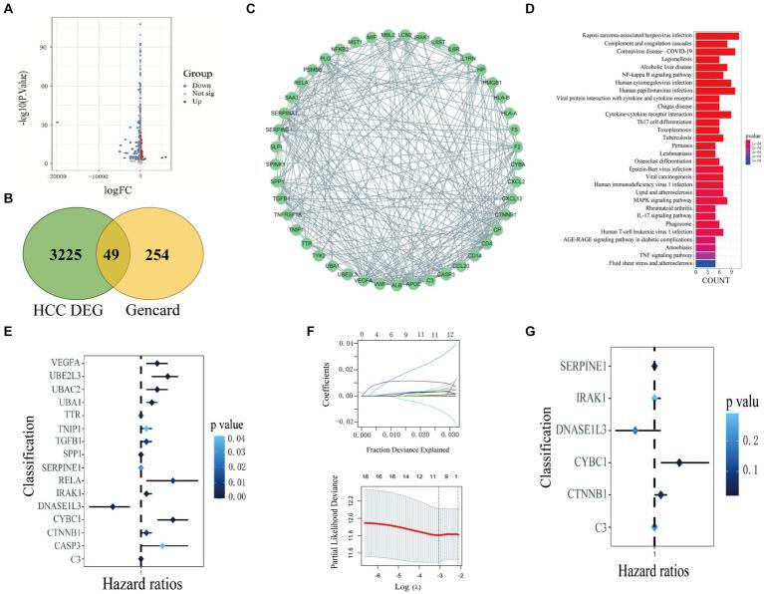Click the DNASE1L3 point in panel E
[114, 506]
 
